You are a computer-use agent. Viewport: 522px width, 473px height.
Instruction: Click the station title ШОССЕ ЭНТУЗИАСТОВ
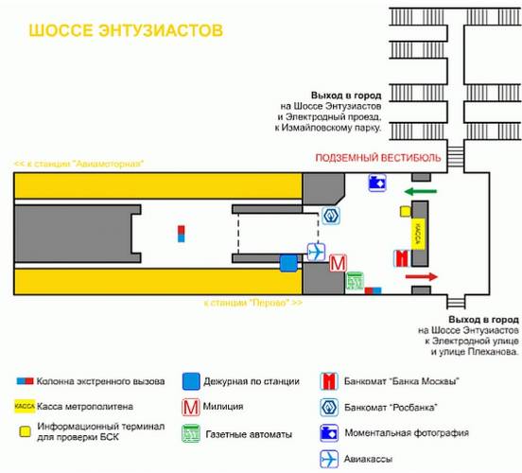click(x=126, y=30)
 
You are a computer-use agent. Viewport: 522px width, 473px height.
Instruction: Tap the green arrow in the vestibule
click(x=420, y=191)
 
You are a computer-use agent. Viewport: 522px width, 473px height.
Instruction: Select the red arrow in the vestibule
click(x=421, y=276)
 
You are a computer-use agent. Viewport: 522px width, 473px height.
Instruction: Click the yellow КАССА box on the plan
click(x=418, y=234)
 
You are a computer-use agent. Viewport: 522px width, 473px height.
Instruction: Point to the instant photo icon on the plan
click(x=377, y=183)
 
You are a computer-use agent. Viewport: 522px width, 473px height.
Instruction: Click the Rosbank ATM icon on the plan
click(x=331, y=216)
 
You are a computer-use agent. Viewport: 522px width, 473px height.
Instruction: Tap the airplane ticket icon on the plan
click(x=316, y=252)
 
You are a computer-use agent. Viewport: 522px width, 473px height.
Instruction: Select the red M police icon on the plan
click(x=338, y=263)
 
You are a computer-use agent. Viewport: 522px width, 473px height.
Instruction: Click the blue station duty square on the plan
click(x=288, y=263)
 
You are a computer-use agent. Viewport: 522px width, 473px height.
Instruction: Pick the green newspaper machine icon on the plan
click(x=355, y=281)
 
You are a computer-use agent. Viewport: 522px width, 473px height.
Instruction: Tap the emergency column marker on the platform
click(x=182, y=234)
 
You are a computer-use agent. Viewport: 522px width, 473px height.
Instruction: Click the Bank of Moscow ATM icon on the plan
click(x=402, y=258)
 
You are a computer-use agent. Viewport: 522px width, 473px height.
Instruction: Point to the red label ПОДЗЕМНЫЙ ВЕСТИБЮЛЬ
click(x=378, y=158)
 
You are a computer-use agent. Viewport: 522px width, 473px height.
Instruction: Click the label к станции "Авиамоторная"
click(x=79, y=164)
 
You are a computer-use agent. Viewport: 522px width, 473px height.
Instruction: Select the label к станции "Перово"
click(x=253, y=303)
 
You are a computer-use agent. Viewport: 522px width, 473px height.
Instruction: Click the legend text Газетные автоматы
click(x=249, y=434)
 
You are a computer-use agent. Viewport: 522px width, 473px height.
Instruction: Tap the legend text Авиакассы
click(x=368, y=460)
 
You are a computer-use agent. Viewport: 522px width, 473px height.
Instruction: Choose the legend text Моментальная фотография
click(x=407, y=433)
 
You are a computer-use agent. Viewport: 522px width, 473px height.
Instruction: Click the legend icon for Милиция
click(x=191, y=407)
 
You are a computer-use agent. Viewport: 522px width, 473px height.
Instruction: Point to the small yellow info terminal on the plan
click(x=406, y=212)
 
